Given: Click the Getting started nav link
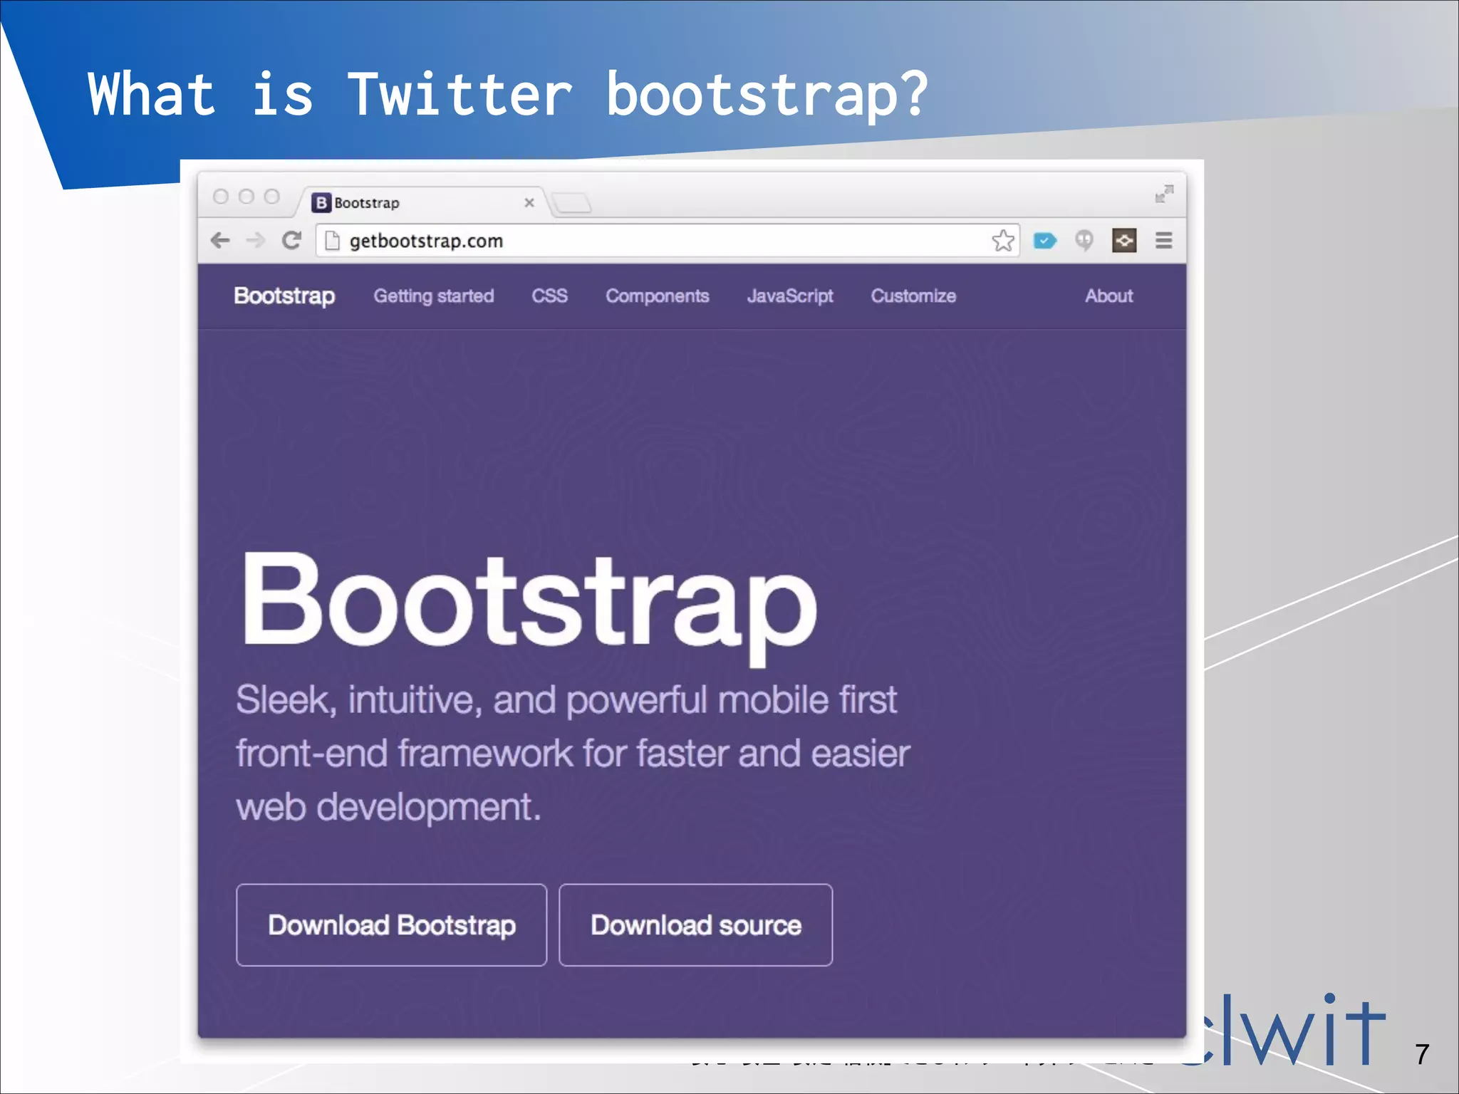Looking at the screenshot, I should (x=433, y=296).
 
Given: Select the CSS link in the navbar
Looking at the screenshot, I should (x=549, y=296).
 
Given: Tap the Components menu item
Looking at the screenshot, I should (x=657, y=296).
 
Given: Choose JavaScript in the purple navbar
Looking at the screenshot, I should (x=789, y=296).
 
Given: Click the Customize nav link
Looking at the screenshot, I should (x=913, y=296).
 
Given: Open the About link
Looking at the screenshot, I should (x=1108, y=296).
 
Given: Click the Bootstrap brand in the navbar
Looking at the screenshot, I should (x=284, y=296).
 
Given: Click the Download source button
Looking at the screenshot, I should (x=695, y=924).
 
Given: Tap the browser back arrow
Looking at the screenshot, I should (x=221, y=241).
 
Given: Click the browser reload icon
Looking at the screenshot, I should (x=291, y=241).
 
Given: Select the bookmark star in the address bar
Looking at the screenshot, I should (x=1003, y=241).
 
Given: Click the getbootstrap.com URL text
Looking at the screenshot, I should (x=426, y=241).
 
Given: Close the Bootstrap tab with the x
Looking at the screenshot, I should (x=529, y=203).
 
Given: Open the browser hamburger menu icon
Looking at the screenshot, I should (x=1163, y=241).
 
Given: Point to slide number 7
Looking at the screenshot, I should (x=1422, y=1054).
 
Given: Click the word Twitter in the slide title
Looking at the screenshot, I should (x=460, y=94).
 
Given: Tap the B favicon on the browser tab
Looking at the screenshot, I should (x=321, y=203).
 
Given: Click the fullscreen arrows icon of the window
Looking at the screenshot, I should (x=1164, y=194).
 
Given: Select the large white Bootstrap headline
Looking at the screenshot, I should (x=529, y=602).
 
